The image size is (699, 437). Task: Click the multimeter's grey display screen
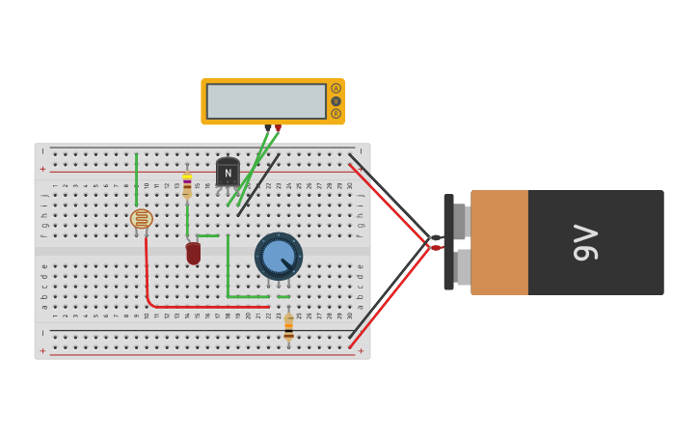(x=266, y=101)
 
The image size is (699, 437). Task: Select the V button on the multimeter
(x=336, y=101)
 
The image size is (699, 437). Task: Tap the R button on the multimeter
(x=336, y=114)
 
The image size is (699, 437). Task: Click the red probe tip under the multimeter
(x=278, y=128)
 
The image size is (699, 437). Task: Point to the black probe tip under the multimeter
(x=268, y=128)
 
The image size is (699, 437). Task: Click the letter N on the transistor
(x=228, y=174)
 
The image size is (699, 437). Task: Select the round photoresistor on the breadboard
(x=142, y=219)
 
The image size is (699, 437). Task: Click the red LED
(x=194, y=253)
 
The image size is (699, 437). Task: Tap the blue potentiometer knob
(x=278, y=257)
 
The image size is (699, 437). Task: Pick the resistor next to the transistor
(x=187, y=185)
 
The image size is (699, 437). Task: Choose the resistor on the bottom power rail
(x=288, y=328)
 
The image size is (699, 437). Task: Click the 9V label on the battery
(x=586, y=242)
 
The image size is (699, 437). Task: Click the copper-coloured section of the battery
(x=499, y=242)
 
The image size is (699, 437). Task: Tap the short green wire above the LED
(x=207, y=235)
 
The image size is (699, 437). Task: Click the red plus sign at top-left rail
(x=42, y=169)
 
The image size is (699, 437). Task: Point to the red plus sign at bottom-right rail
(x=361, y=351)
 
